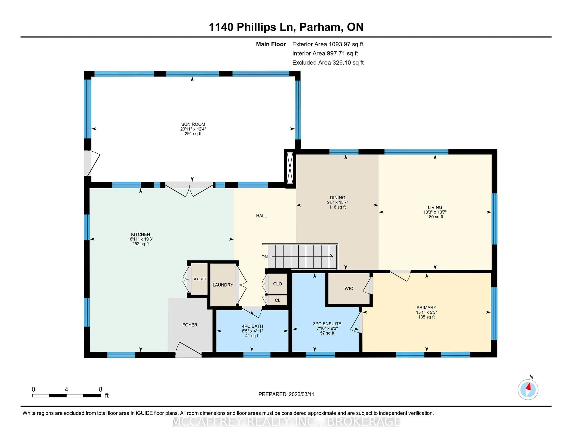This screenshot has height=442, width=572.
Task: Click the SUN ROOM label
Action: [x=193, y=124]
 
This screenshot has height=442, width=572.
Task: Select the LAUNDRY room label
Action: [x=223, y=285]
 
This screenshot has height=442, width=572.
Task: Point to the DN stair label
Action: [x=265, y=257]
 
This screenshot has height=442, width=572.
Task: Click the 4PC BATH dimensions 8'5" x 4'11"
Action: [x=252, y=331]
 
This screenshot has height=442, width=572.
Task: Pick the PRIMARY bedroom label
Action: [x=426, y=308]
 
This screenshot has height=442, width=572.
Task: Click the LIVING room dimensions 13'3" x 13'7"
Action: [x=435, y=212]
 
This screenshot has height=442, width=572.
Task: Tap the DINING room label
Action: [x=337, y=198]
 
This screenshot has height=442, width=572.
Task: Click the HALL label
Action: [x=261, y=216]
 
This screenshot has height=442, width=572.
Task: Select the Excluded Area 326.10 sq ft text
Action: [x=328, y=63]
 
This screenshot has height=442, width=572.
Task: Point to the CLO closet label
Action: [x=277, y=284]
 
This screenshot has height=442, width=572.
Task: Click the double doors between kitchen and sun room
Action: [x=189, y=190]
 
